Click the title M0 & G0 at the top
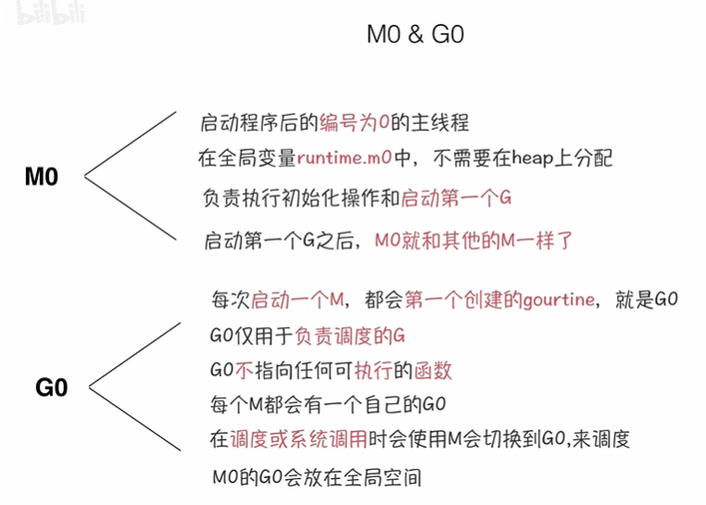point(415,34)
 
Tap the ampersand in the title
point(416,34)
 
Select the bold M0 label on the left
point(42,177)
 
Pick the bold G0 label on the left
point(52,387)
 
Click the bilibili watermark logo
point(50,13)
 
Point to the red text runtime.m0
point(345,158)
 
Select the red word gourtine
point(560,300)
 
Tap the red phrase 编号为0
point(354,122)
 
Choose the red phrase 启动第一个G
point(456,197)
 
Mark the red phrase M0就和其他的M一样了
point(473,241)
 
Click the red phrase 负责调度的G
point(350,336)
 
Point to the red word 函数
point(433,371)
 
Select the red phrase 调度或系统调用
point(299,439)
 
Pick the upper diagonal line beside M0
point(131,144)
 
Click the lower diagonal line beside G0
point(135,419)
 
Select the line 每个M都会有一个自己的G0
point(328,405)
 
